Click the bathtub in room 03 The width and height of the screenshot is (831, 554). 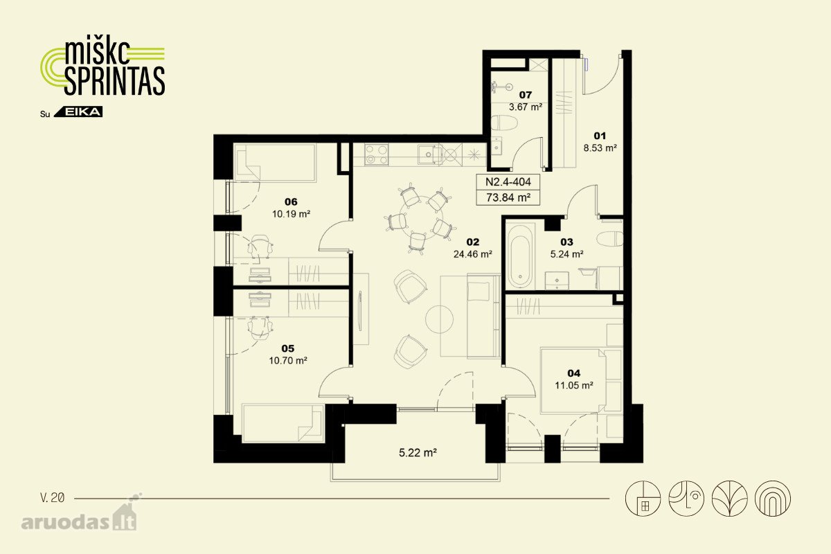(521, 256)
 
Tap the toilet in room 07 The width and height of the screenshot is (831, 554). (504, 123)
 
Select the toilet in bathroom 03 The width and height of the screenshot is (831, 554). (610, 239)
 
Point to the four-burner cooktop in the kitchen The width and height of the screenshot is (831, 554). (377, 154)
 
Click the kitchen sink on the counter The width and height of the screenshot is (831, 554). (429, 154)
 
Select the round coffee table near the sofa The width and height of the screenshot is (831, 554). (439, 319)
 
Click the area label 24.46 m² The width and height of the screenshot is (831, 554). (472, 255)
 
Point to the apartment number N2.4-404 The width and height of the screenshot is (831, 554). (508, 182)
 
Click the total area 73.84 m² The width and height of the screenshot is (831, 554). (508, 198)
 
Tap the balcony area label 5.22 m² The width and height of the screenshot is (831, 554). (418, 453)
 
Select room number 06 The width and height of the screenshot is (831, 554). (291, 202)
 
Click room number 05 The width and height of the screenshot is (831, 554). (288, 348)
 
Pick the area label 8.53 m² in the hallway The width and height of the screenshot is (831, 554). (600, 148)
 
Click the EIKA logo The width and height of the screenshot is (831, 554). (78, 112)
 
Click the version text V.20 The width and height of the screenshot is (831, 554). (53, 498)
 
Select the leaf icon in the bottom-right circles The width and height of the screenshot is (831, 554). (729, 499)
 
